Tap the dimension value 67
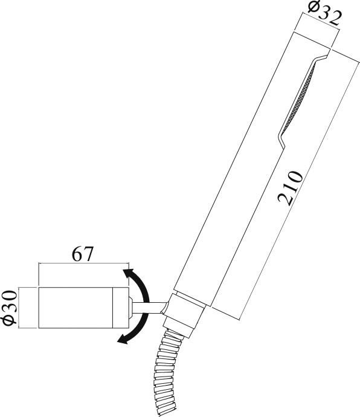(x=82, y=254)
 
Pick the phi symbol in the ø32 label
(x=313, y=8)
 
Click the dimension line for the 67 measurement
(x=82, y=264)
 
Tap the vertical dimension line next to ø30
(x=21, y=308)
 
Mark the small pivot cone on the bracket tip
(x=130, y=308)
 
